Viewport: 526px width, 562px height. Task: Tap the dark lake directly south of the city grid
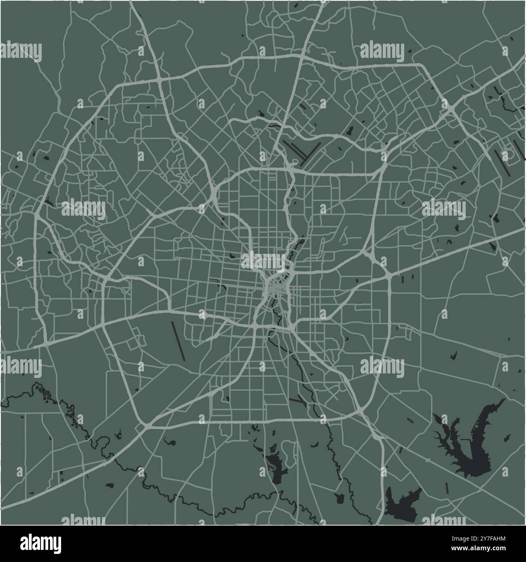pyautogui.click(x=276, y=465)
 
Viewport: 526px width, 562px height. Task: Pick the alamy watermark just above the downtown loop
pyautogui.click(x=263, y=260)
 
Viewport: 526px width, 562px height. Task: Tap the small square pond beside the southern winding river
pyautogui.click(x=339, y=498)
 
